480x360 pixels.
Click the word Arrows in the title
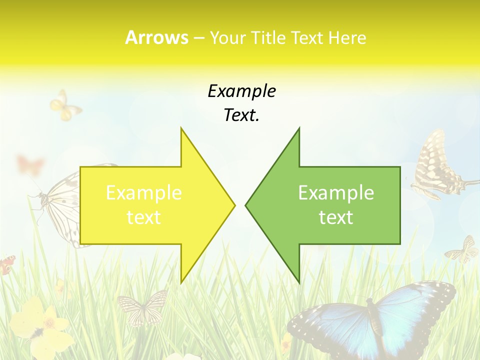[x=156, y=37]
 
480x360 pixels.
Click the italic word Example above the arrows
[x=241, y=91]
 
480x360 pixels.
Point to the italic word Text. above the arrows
[x=241, y=115]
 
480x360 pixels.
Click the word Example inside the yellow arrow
[x=143, y=193]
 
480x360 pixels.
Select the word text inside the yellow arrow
[x=143, y=217]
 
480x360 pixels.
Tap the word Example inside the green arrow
[x=336, y=193]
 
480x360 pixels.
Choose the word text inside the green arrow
[x=336, y=217]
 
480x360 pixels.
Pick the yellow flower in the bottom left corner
[x=37, y=325]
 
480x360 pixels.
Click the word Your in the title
[x=227, y=37]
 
